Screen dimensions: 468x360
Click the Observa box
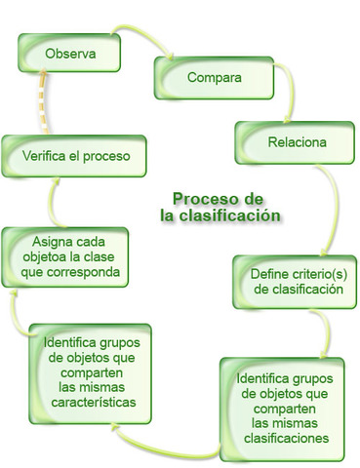tap(70, 54)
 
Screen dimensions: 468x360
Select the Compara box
tap(214, 75)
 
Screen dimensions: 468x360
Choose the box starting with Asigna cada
tap(67, 255)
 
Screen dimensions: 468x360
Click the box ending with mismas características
tap(89, 372)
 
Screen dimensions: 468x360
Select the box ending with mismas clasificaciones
tap(281, 407)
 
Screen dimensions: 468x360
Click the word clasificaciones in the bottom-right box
tap(281, 438)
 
